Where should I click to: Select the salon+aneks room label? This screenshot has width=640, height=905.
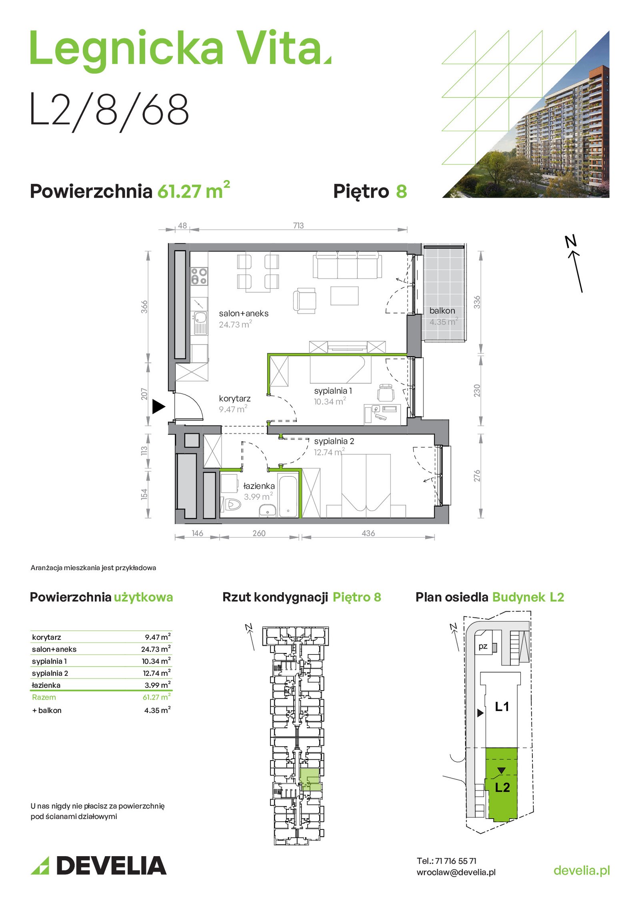pos(244,314)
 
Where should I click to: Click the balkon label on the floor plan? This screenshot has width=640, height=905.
pos(442,311)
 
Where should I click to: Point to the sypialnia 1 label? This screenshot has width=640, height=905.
pos(333,391)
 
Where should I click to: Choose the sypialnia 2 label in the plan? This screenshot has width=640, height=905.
pos(334,441)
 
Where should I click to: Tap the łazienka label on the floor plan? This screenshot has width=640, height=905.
pos(259,486)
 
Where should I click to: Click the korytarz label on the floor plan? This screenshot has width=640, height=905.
pos(235,398)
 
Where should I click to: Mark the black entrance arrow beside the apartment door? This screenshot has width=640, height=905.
pos(158,407)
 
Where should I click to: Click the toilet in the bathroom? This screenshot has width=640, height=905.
pos(231,505)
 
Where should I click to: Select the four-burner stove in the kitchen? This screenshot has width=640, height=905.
pos(199,276)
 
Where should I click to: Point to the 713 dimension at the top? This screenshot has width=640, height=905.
pos(298,226)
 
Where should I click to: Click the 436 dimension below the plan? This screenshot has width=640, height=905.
pos(368,533)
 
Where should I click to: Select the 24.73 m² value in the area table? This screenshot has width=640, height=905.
pos(156,649)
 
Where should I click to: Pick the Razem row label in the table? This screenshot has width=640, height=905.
pos(44,697)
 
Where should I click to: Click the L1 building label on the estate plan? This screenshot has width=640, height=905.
pos(502,707)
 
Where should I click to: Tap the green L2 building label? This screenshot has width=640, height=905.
pos(502,787)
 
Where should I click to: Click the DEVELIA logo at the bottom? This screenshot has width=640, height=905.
pos(98,866)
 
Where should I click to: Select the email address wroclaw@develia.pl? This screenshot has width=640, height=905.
pos(456,873)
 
